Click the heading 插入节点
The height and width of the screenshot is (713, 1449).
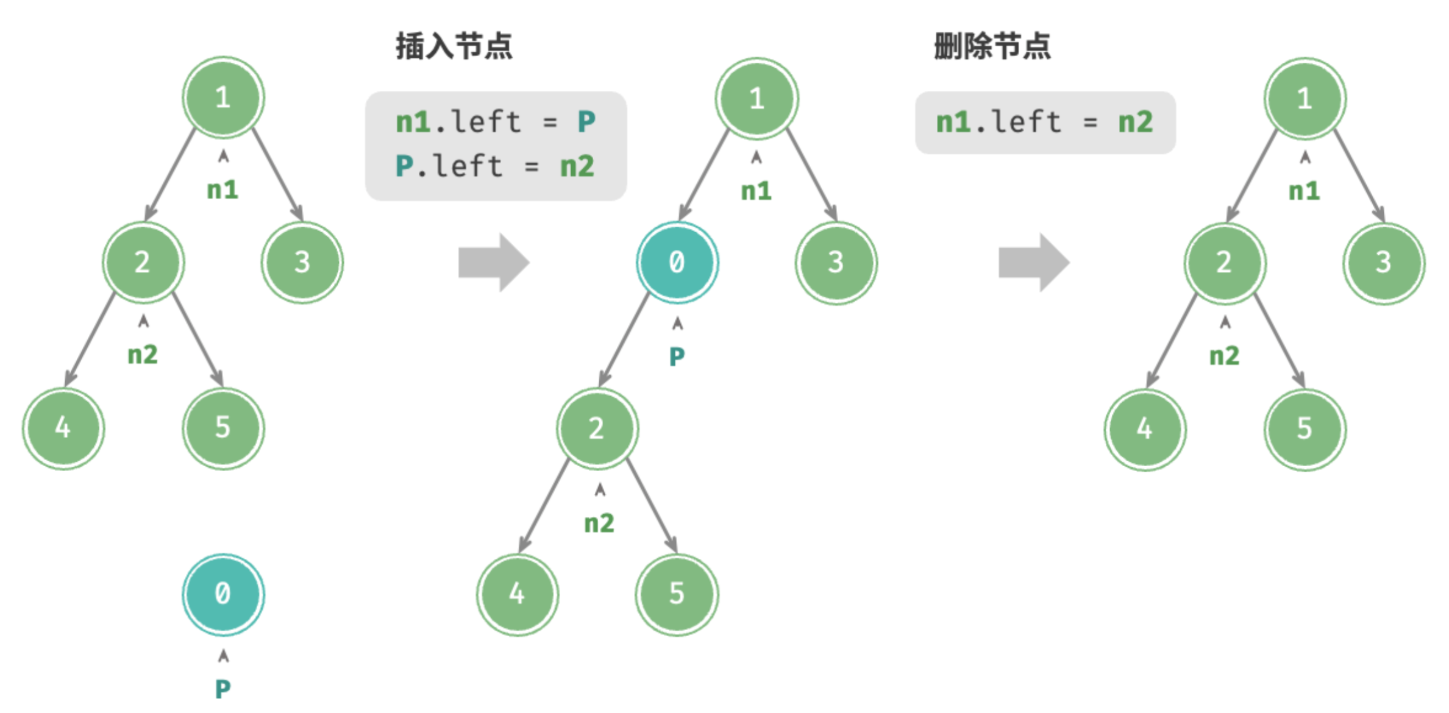tap(454, 46)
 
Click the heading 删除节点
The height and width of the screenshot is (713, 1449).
tap(992, 46)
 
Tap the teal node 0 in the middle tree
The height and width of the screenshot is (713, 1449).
tap(677, 263)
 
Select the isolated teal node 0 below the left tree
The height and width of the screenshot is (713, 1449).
tap(223, 594)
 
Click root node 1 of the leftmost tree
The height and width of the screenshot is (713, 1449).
tap(223, 98)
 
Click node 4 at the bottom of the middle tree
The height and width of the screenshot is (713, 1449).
tap(517, 594)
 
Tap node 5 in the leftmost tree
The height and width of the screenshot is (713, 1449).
tap(223, 428)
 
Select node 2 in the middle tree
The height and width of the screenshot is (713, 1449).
tap(597, 429)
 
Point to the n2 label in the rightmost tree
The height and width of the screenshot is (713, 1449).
tap(1225, 356)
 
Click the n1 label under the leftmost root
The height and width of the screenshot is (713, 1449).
tap(223, 190)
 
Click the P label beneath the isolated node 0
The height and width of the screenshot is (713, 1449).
tap(223, 689)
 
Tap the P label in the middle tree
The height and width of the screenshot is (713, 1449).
tap(677, 357)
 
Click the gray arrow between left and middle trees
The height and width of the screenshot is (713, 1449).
tap(494, 263)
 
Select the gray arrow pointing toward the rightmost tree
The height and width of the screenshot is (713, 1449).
tap(1034, 263)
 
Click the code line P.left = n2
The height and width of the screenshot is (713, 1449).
tap(495, 166)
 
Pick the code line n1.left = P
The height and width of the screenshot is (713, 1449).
tap(495, 122)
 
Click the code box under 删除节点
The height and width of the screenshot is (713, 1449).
tap(1045, 122)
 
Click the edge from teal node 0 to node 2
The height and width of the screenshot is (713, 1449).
tap(624, 340)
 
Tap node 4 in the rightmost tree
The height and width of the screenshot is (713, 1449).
tap(1145, 429)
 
